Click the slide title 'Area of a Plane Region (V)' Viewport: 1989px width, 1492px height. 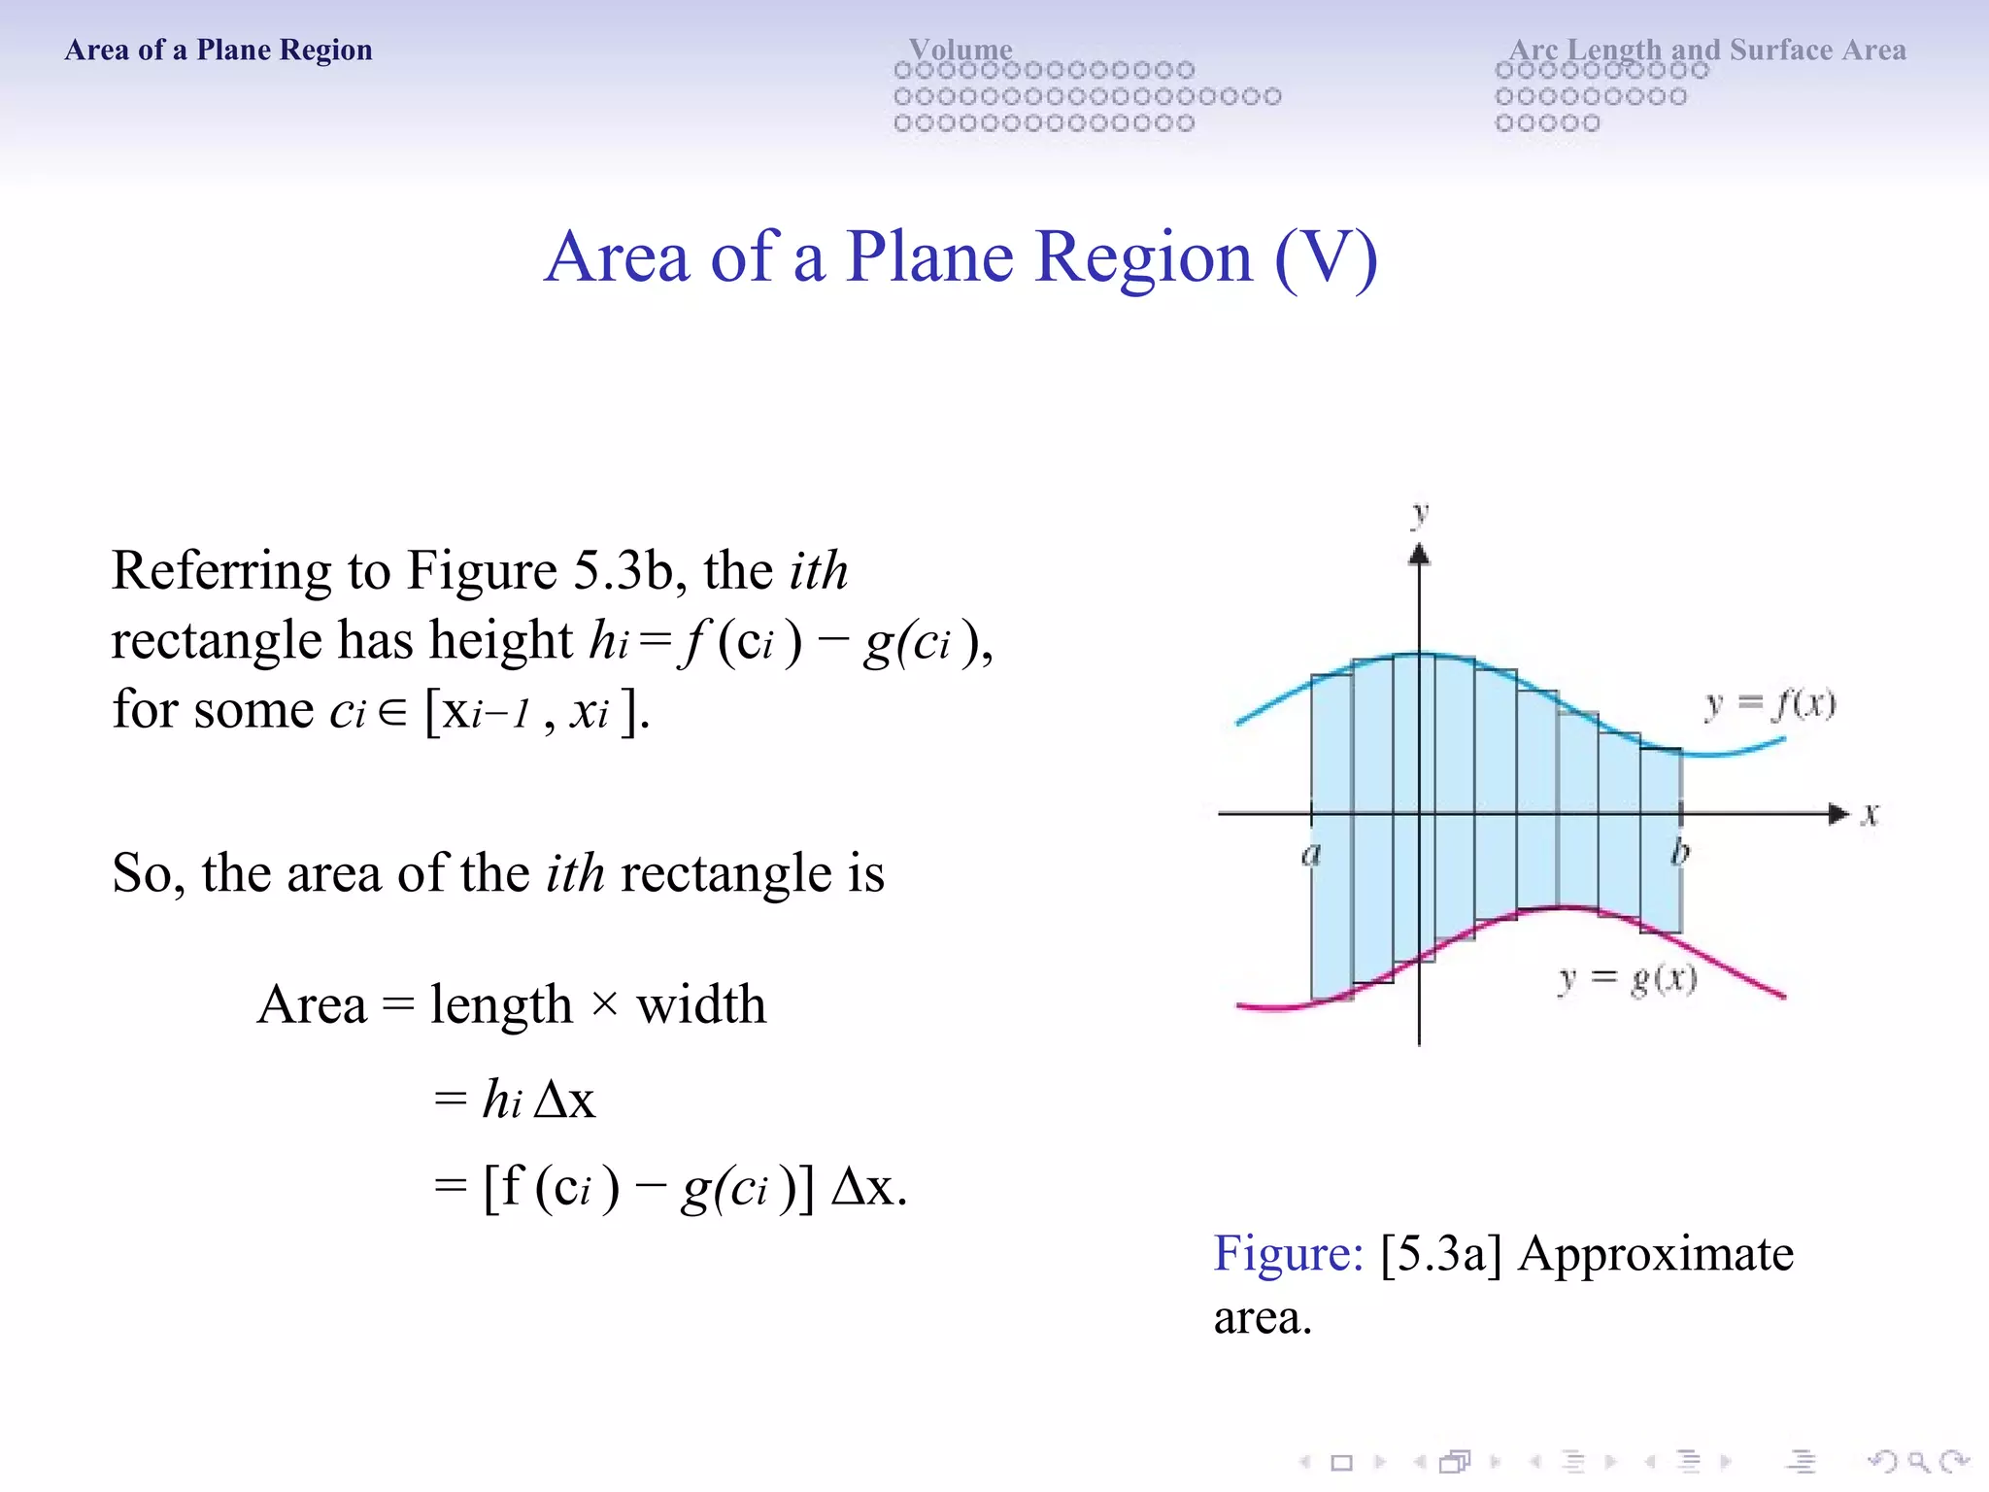(961, 257)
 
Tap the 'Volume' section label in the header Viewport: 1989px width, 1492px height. (960, 49)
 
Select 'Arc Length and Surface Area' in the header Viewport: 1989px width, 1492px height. (1706, 49)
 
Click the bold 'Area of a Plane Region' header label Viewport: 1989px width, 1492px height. (219, 50)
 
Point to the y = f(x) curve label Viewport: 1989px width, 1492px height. (1770, 703)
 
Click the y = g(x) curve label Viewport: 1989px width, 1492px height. (1628, 978)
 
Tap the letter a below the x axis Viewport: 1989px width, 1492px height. (1311, 855)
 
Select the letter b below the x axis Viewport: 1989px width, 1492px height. (1680, 853)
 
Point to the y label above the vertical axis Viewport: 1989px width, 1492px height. (1420, 512)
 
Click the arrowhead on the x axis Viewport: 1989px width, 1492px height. (1838, 814)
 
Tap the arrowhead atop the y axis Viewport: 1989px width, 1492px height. (1420, 555)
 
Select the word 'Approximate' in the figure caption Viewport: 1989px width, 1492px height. (1656, 1253)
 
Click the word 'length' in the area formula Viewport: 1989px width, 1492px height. (501, 1004)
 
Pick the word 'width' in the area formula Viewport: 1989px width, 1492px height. (701, 1004)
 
